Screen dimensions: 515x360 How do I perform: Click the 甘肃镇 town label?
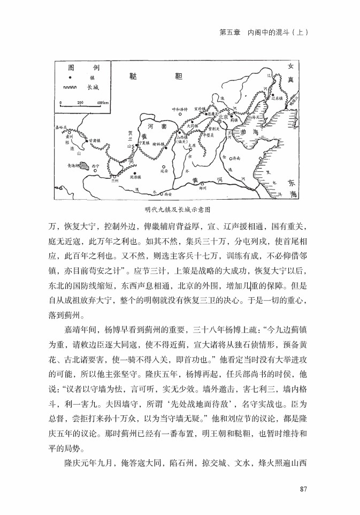[x=95, y=140]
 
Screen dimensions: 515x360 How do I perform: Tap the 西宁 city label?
[x=96, y=166]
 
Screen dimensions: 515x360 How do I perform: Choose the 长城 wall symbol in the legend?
[x=70, y=88]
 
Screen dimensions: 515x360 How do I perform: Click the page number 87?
[x=304, y=488]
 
